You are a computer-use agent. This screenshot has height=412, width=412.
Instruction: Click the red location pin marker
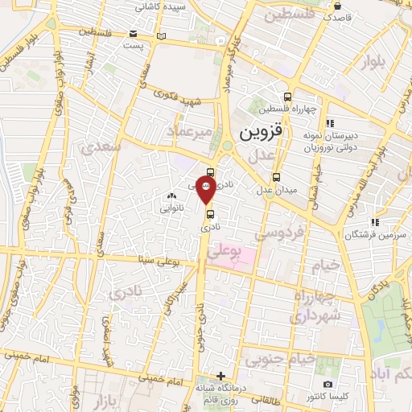[x=206, y=191]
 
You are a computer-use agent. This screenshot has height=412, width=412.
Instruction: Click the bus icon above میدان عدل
[x=276, y=178]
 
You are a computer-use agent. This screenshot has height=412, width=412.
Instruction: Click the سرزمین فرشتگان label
[x=348, y=234]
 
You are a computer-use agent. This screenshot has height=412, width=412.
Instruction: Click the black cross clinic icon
[x=221, y=376]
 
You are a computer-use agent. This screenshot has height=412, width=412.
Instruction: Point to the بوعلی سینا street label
[x=155, y=260]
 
